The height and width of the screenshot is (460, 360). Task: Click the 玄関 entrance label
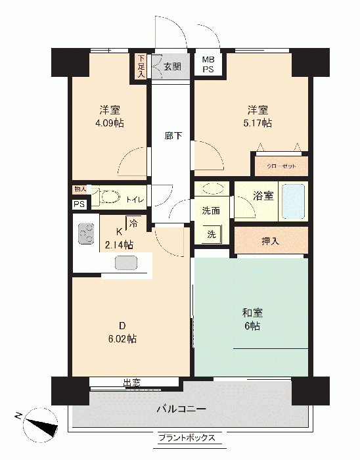coord(172,66)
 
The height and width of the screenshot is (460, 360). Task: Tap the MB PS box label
coord(208,64)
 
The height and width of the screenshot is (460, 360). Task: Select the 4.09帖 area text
coord(109,123)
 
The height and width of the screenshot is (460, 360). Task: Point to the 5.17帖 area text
coord(258,123)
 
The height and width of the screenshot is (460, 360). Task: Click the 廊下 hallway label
coord(173,136)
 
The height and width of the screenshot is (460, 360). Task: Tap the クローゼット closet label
coord(281,166)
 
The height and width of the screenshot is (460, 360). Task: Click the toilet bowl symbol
coord(109,196)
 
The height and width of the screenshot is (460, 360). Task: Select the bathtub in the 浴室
coord(293,201)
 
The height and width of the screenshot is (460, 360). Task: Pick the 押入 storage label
coord(270,241)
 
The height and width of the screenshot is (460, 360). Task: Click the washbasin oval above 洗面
coord(214,189)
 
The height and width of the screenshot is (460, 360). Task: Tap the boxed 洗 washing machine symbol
coord(213,234)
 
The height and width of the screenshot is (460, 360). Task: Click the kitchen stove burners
coord(86,234)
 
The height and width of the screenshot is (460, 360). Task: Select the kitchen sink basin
coord(126,263)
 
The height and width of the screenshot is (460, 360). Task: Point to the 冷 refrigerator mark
coord(133,223)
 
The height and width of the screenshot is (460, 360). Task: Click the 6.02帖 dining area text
coord(122,339)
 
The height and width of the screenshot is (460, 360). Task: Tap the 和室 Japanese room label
coord(252,313)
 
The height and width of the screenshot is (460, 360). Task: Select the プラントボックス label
coord(187,438)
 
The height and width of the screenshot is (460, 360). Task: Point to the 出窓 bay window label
coord(131,382)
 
